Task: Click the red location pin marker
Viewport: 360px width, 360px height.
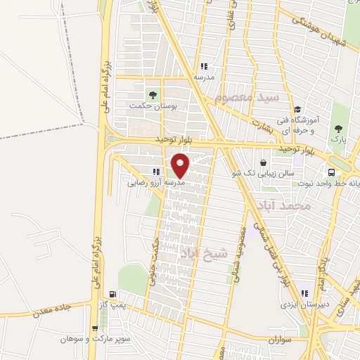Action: (x=181, y=166)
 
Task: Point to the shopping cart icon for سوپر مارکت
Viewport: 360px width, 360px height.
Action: (x=95, y=328)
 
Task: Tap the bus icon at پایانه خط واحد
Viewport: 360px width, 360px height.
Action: (x=330, y=172)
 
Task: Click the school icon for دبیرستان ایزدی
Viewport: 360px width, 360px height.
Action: (x=304, y=293)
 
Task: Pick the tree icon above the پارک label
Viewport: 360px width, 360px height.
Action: (x=340, y=128)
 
